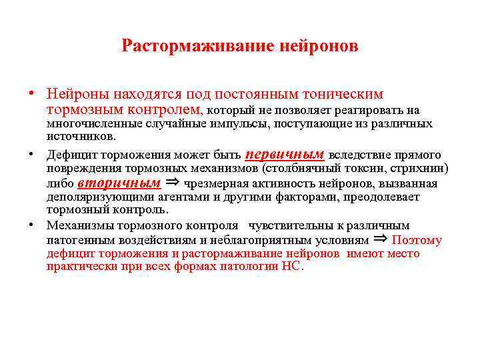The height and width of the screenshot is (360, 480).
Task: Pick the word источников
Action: (x=80, y=136)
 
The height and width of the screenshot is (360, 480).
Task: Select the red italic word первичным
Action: (x=285, y=153)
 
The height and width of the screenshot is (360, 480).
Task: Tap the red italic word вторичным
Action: (x=119, y=183)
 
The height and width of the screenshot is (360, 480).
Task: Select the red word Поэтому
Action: (x=417, y=241)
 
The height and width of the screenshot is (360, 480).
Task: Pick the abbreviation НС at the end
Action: (x=292, y=267)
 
